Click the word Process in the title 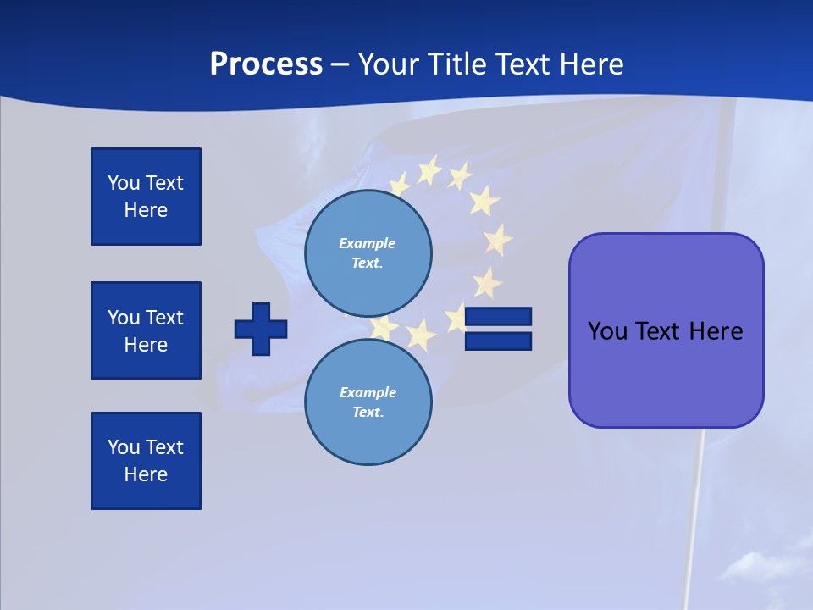tap(266, 64)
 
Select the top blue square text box tap(146, 197)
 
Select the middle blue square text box tap(146, 330)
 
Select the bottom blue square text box tap(146, 461)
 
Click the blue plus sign tap(261, 329)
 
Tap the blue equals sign tap(499, 329)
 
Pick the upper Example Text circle tap(368, 253)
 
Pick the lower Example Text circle tap(368, 402)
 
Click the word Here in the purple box tap(716, 331)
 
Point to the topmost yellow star tap(429, 171)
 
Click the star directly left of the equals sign tap(458, 319)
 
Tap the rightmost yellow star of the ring tap(498, 240)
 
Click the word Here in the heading tap(590, 64)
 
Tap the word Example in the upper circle tap(368, 243)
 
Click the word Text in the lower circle tap(368, 413)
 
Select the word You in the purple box tap(608, 331)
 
